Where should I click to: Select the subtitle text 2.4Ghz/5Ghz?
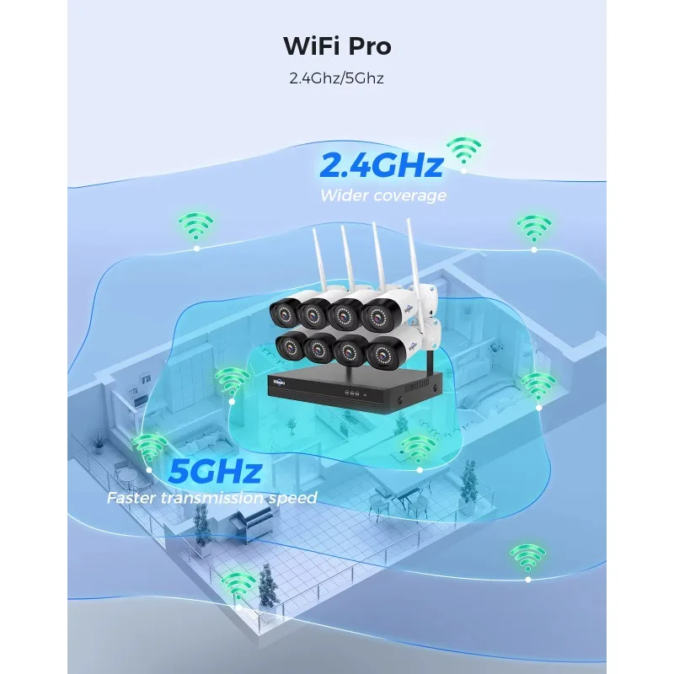336,78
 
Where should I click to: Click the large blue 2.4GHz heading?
382,164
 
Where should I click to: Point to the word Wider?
344,195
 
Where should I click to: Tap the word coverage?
409,196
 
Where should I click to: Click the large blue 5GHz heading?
215,471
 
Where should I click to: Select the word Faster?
131,498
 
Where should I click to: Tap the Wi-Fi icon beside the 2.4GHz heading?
464,152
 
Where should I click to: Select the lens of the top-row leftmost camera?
284,314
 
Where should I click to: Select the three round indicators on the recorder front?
351,393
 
